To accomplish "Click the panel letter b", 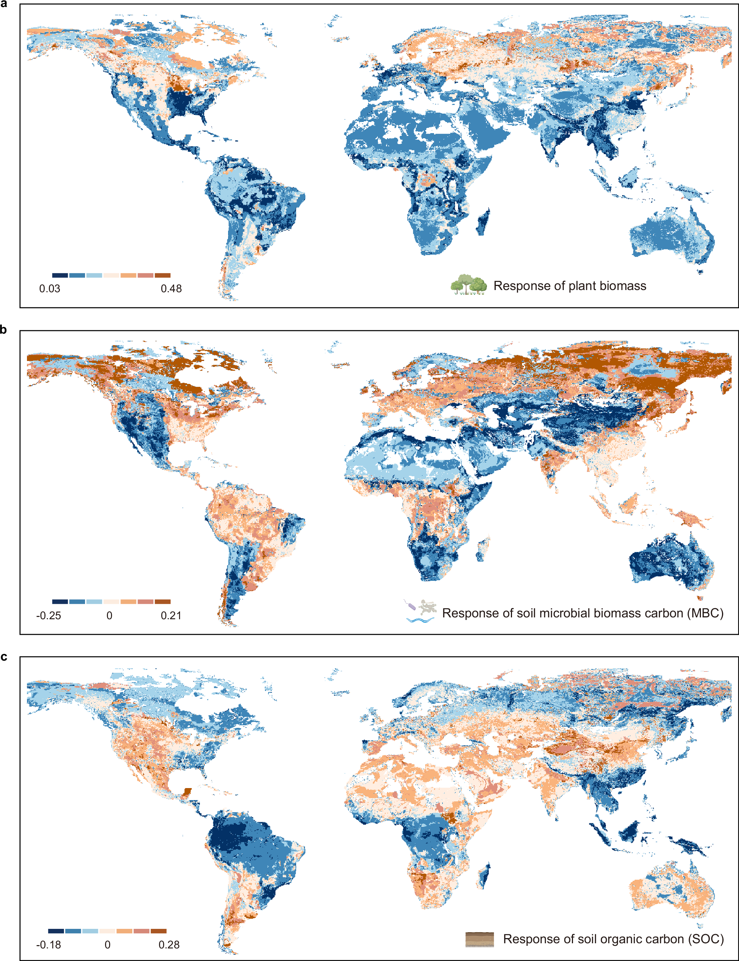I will [x=4, y=329].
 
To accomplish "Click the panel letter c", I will [x=4, y=657].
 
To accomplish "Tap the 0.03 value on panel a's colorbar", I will [x=50, y=289].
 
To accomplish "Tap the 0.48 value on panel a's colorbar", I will [x=171, y=289].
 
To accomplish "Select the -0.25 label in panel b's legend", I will [x=48, y=616].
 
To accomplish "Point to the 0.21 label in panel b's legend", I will [x=171, y=616].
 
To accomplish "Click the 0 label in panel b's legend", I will [x=109, y=616].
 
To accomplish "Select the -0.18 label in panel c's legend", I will [x=48, y=945].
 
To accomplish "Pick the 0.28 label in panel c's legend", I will [x=169, y=945].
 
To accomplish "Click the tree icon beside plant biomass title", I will [x=468, y=285].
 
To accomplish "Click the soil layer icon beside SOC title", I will [x=479, y=939].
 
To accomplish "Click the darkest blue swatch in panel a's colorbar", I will [x=60, y=275].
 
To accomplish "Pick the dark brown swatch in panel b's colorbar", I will [x=163, y=602].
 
